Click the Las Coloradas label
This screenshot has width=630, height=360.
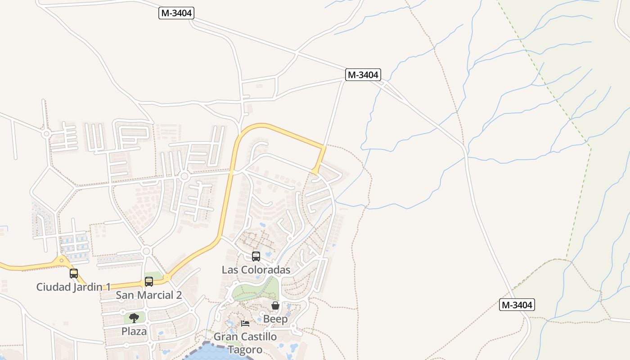(x=256, y=270)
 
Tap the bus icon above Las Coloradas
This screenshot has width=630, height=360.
(x=256, y=256)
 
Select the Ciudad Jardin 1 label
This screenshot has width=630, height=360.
(x=73, y=287)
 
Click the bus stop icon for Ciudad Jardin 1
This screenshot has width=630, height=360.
(x=74, y=273)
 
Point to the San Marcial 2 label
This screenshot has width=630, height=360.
(x=148, y=295)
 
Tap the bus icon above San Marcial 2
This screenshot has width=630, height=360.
(x=149, y=282)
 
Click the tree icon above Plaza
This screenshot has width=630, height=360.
(x=134, y=318)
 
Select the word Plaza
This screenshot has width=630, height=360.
(x=134, y=332)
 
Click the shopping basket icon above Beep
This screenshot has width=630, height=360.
(x=275, y=306)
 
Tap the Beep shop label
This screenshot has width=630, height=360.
(x=275, y=319)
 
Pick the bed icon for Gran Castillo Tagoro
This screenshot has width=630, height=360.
(x=245, y=324)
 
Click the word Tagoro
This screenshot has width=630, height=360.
(x=245, y=350)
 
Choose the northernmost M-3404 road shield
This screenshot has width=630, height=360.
(x=176, y=13)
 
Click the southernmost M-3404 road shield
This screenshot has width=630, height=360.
(x=517, y=305)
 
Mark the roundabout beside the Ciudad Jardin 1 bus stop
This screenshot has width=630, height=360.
(x=61, y=260)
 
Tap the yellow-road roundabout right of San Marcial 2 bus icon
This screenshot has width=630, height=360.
(x=166, y=278)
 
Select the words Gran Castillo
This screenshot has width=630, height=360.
(x=245, y=337)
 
